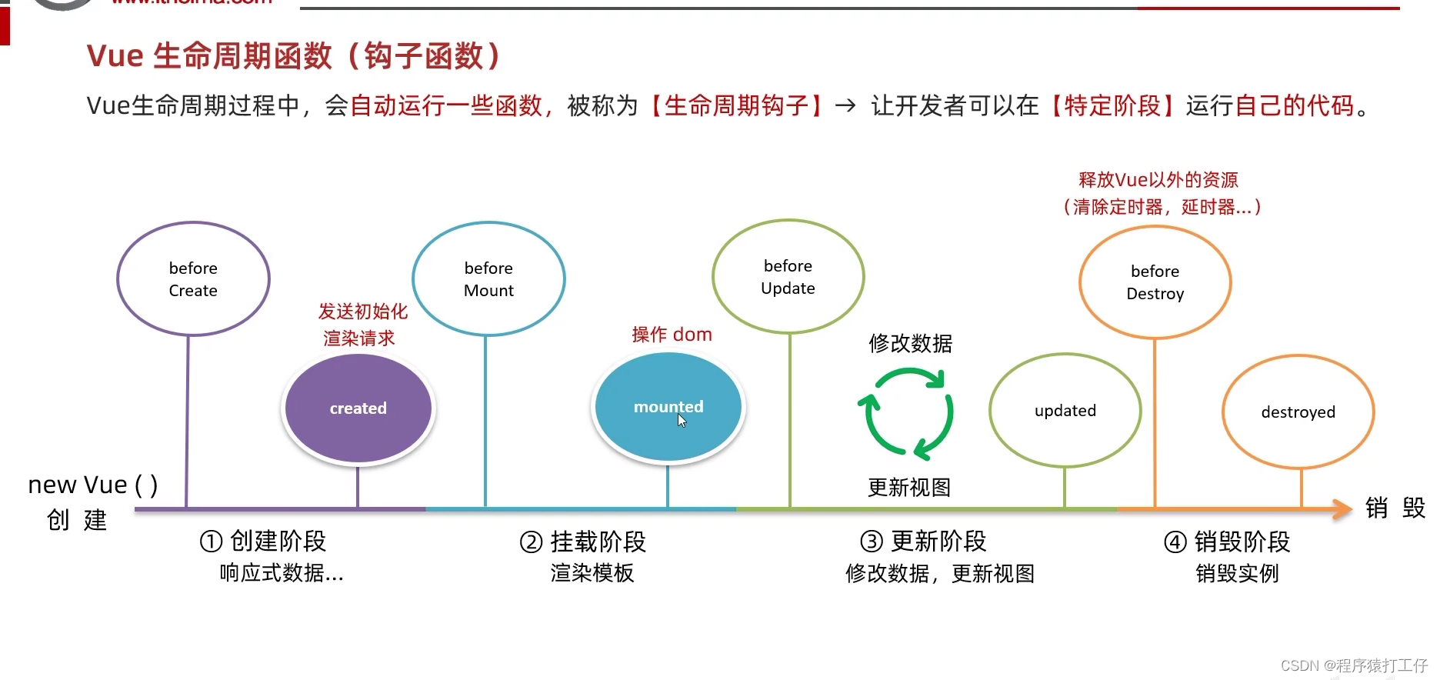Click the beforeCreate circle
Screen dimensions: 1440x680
[x=193, y=278]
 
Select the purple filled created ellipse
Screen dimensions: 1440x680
[x=358, y=408]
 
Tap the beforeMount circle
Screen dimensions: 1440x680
[x=488, y=278]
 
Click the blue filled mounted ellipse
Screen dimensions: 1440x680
[x=668, y=406]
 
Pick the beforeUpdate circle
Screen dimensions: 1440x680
[x=788, y=277]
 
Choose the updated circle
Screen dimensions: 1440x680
[x=1065, y=410]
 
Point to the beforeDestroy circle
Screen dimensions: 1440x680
[x=1155, y=282]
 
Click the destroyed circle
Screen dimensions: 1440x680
[x=1298, y=412]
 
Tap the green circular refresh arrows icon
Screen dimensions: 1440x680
[x=906, y=413]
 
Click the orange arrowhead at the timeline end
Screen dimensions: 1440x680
[x=1342, y=508]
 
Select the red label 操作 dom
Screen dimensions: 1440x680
[x=672, y=335]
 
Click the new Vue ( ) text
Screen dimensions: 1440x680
[x=93, y=485]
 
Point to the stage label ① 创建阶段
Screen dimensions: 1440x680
[x=263, y=542]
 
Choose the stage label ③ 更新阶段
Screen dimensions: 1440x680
[x=923, y=542]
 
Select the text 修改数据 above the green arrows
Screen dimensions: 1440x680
[x=910, y=343]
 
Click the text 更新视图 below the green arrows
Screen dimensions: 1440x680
[x=909, y=487]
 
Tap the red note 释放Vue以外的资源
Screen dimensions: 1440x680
[x=1158, y=180]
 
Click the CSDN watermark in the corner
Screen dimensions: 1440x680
[x=1354, y=665]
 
